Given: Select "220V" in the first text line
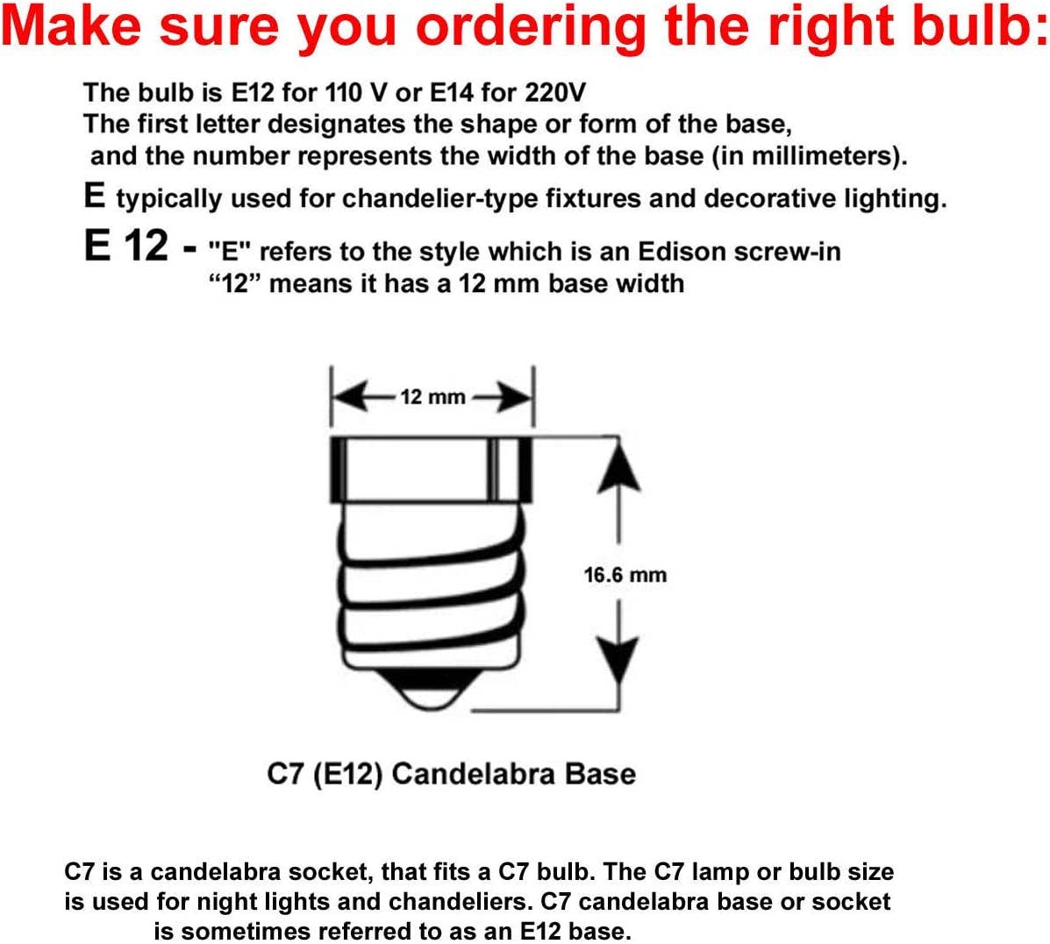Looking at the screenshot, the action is coord(556,92).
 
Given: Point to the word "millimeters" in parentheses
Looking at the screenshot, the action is coord(824,156).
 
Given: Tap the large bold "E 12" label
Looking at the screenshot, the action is coord(126,246).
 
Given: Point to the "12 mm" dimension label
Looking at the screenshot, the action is coord(432,397).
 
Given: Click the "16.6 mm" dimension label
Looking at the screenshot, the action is coord(625,575).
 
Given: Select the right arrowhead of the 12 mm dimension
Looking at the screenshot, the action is coord(515,397).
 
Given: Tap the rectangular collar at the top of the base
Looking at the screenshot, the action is coord(432,469).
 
